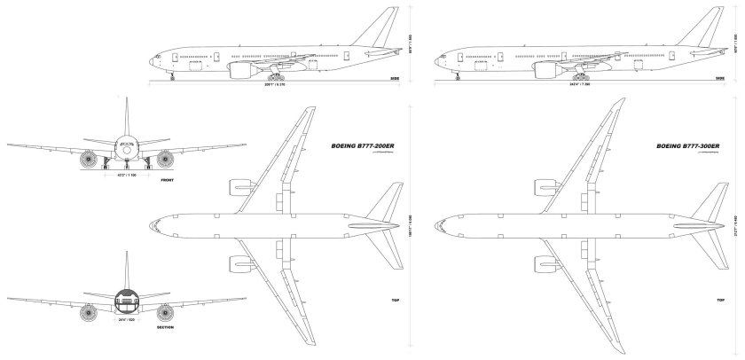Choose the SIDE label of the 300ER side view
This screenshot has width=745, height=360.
tap(719, 79)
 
